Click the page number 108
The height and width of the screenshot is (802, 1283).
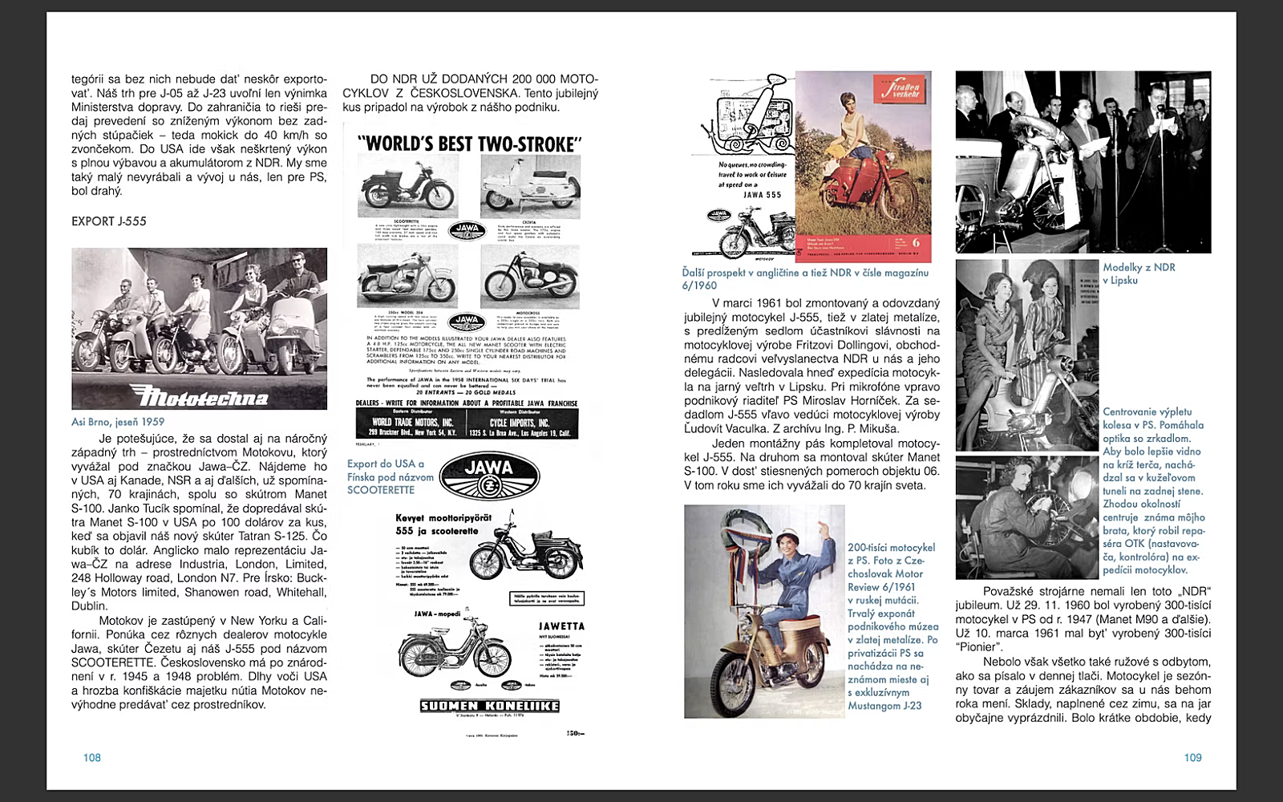click(x=92, y=758)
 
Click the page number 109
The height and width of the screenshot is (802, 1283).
click(x=1192, y=758)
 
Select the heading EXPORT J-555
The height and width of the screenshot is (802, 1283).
click(x=109, y=221)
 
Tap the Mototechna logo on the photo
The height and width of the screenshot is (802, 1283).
click(x=199, y=395)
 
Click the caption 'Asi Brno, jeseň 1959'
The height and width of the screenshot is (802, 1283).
click(x=118, y=422)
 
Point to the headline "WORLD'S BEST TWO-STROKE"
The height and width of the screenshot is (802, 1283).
click(x=469, y=144)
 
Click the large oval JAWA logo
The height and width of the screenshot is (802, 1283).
click(x=489, y=475)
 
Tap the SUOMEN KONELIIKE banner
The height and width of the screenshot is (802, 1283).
click(x=490, y=706)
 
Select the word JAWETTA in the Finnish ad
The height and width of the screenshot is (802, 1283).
click(x=561, y=626)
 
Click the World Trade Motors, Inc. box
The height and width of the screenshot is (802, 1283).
click(x=412, y=425)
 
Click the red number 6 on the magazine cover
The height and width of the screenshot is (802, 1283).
click(x=916, y=242)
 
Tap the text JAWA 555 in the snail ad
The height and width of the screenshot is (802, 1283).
click(x=762, y=195)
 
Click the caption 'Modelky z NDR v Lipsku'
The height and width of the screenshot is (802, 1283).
click(x=1139, y=273)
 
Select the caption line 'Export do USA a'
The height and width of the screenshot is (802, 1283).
click(x=386, y=464)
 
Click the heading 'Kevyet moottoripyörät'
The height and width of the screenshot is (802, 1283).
click(x=443, y=518)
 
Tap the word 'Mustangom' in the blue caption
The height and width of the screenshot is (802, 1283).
click(x=875, y=706)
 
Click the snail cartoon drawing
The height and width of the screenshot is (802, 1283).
click(x=746, y=112)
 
